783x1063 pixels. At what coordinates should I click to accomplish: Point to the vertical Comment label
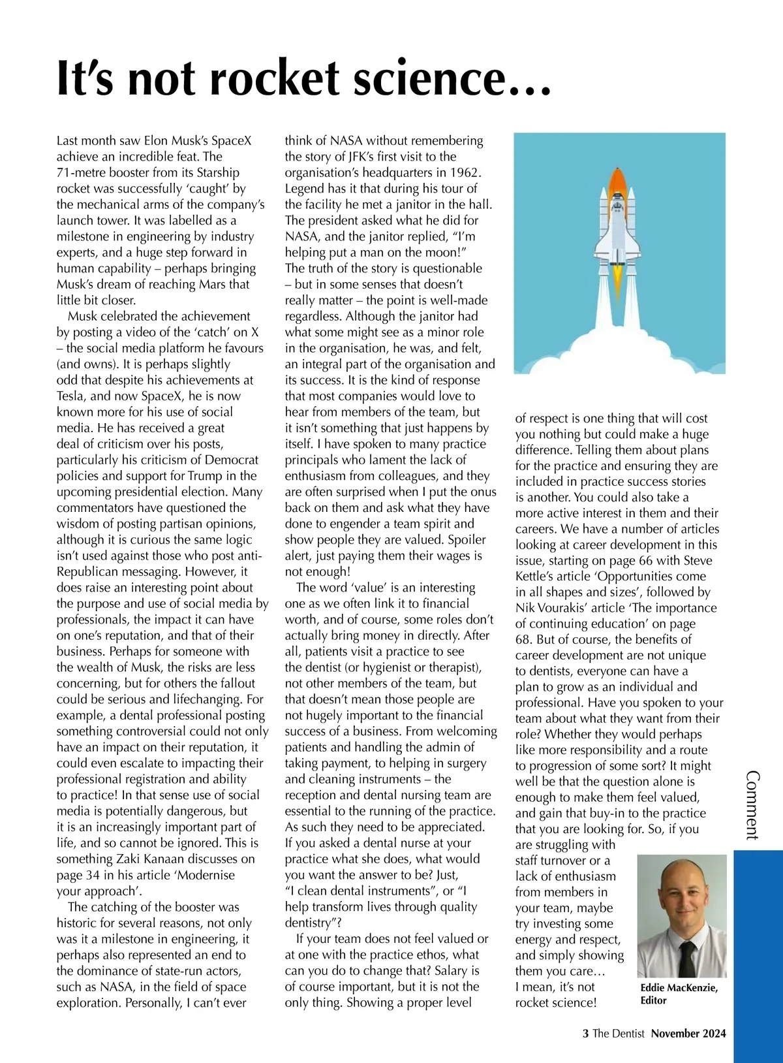(x=752, y=804)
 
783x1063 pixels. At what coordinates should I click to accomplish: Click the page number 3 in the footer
(x=585, y=1034)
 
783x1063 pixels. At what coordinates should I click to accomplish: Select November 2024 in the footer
(x=688, y=1034)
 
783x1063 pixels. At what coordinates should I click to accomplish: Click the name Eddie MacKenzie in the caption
(x=679, y=988)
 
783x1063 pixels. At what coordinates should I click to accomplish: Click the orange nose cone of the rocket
(x=618, y=180)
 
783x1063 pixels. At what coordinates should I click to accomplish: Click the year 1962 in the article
(x=464, y=173)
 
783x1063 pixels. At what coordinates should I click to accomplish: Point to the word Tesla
(x=71, y=396)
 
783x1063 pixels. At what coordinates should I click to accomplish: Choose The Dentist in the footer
(x=618, y=1034)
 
